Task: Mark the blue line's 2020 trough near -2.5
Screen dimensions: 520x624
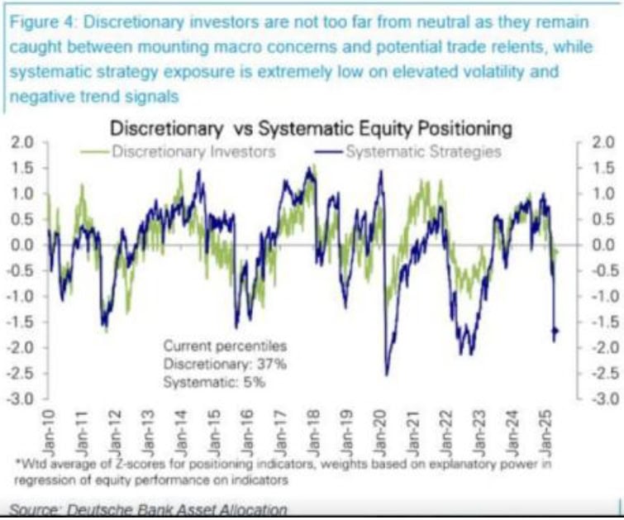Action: pos(386,374)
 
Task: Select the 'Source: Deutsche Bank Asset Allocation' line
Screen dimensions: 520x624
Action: pos(149,510)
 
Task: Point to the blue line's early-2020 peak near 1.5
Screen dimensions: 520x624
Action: pos(380,172)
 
